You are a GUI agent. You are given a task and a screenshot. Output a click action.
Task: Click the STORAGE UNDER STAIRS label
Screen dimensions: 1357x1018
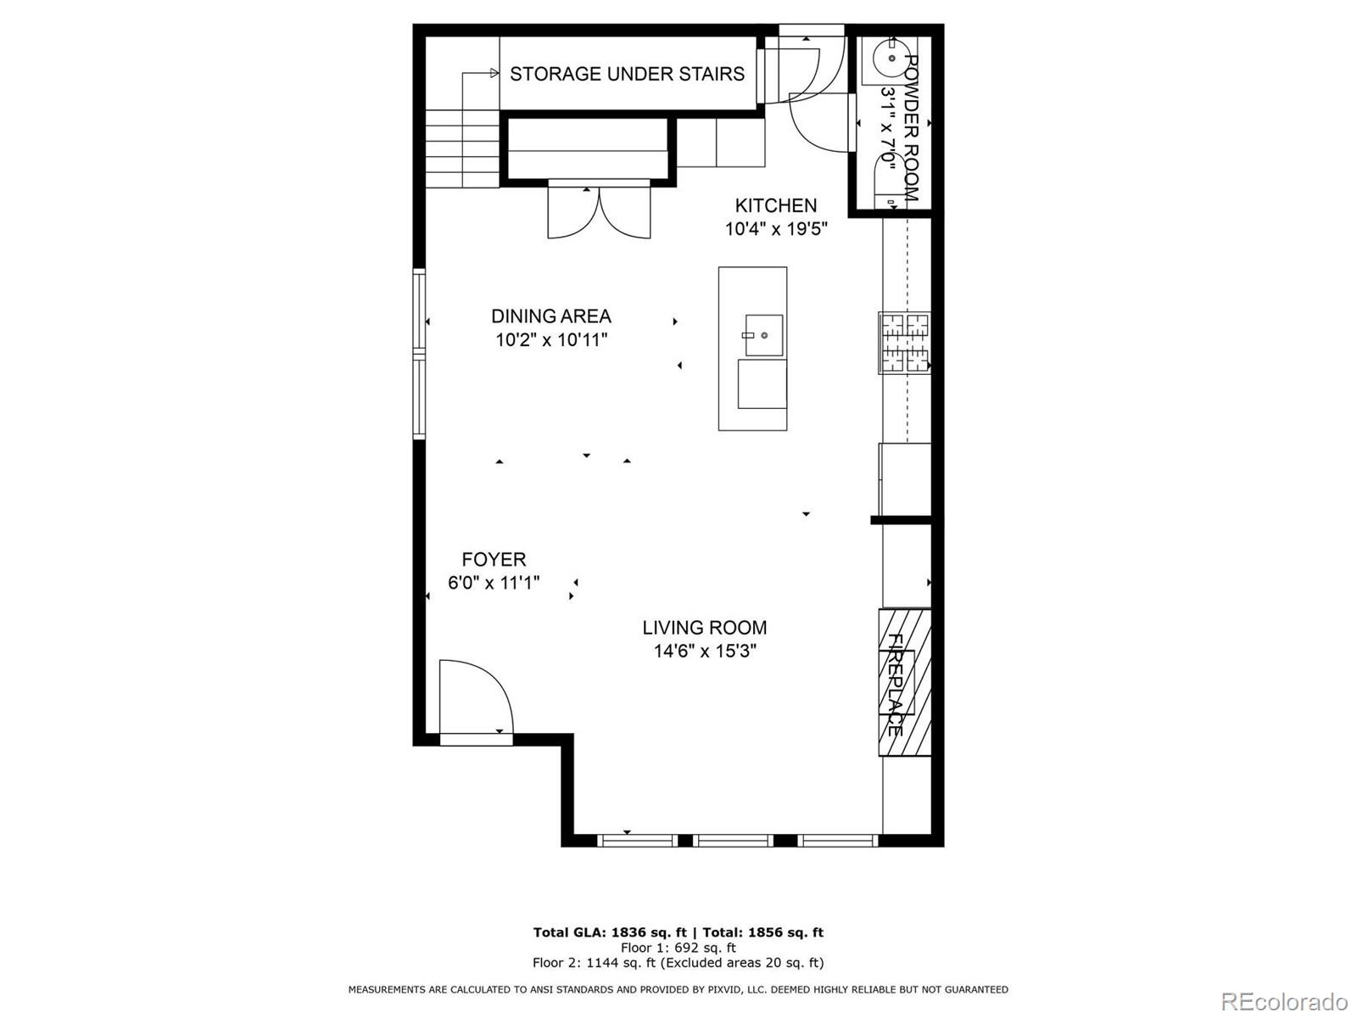[627, 74]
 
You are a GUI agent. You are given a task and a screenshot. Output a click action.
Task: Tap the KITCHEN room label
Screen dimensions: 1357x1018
[775, 205]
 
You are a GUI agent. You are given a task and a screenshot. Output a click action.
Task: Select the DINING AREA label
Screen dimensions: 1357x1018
[550, 316]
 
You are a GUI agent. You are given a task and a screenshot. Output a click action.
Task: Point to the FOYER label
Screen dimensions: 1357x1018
[494, 559]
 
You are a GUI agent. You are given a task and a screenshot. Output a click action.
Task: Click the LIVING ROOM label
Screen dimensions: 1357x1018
[705, 628]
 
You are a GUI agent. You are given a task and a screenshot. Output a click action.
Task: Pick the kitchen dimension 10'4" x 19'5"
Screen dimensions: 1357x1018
[776, 229]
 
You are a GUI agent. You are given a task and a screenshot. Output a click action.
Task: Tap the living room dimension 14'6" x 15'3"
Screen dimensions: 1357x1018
[706, 651]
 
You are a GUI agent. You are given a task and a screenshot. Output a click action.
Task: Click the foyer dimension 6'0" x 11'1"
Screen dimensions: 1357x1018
[494, 583]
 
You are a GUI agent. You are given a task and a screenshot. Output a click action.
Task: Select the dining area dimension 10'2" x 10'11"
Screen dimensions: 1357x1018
[551, 340]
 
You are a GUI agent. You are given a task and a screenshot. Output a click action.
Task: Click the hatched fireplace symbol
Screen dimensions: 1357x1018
[904, 682]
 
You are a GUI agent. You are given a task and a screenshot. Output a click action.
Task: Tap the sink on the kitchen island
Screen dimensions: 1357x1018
[764, 335]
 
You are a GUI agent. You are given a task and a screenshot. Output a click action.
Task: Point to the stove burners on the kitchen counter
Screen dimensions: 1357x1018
[904, 343]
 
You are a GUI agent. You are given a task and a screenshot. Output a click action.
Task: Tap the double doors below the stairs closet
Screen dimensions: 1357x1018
[599, 210]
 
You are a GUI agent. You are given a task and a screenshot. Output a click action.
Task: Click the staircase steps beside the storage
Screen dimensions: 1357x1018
[462, 148]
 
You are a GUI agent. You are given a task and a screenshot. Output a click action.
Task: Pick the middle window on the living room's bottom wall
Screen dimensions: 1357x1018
[733, 840]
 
